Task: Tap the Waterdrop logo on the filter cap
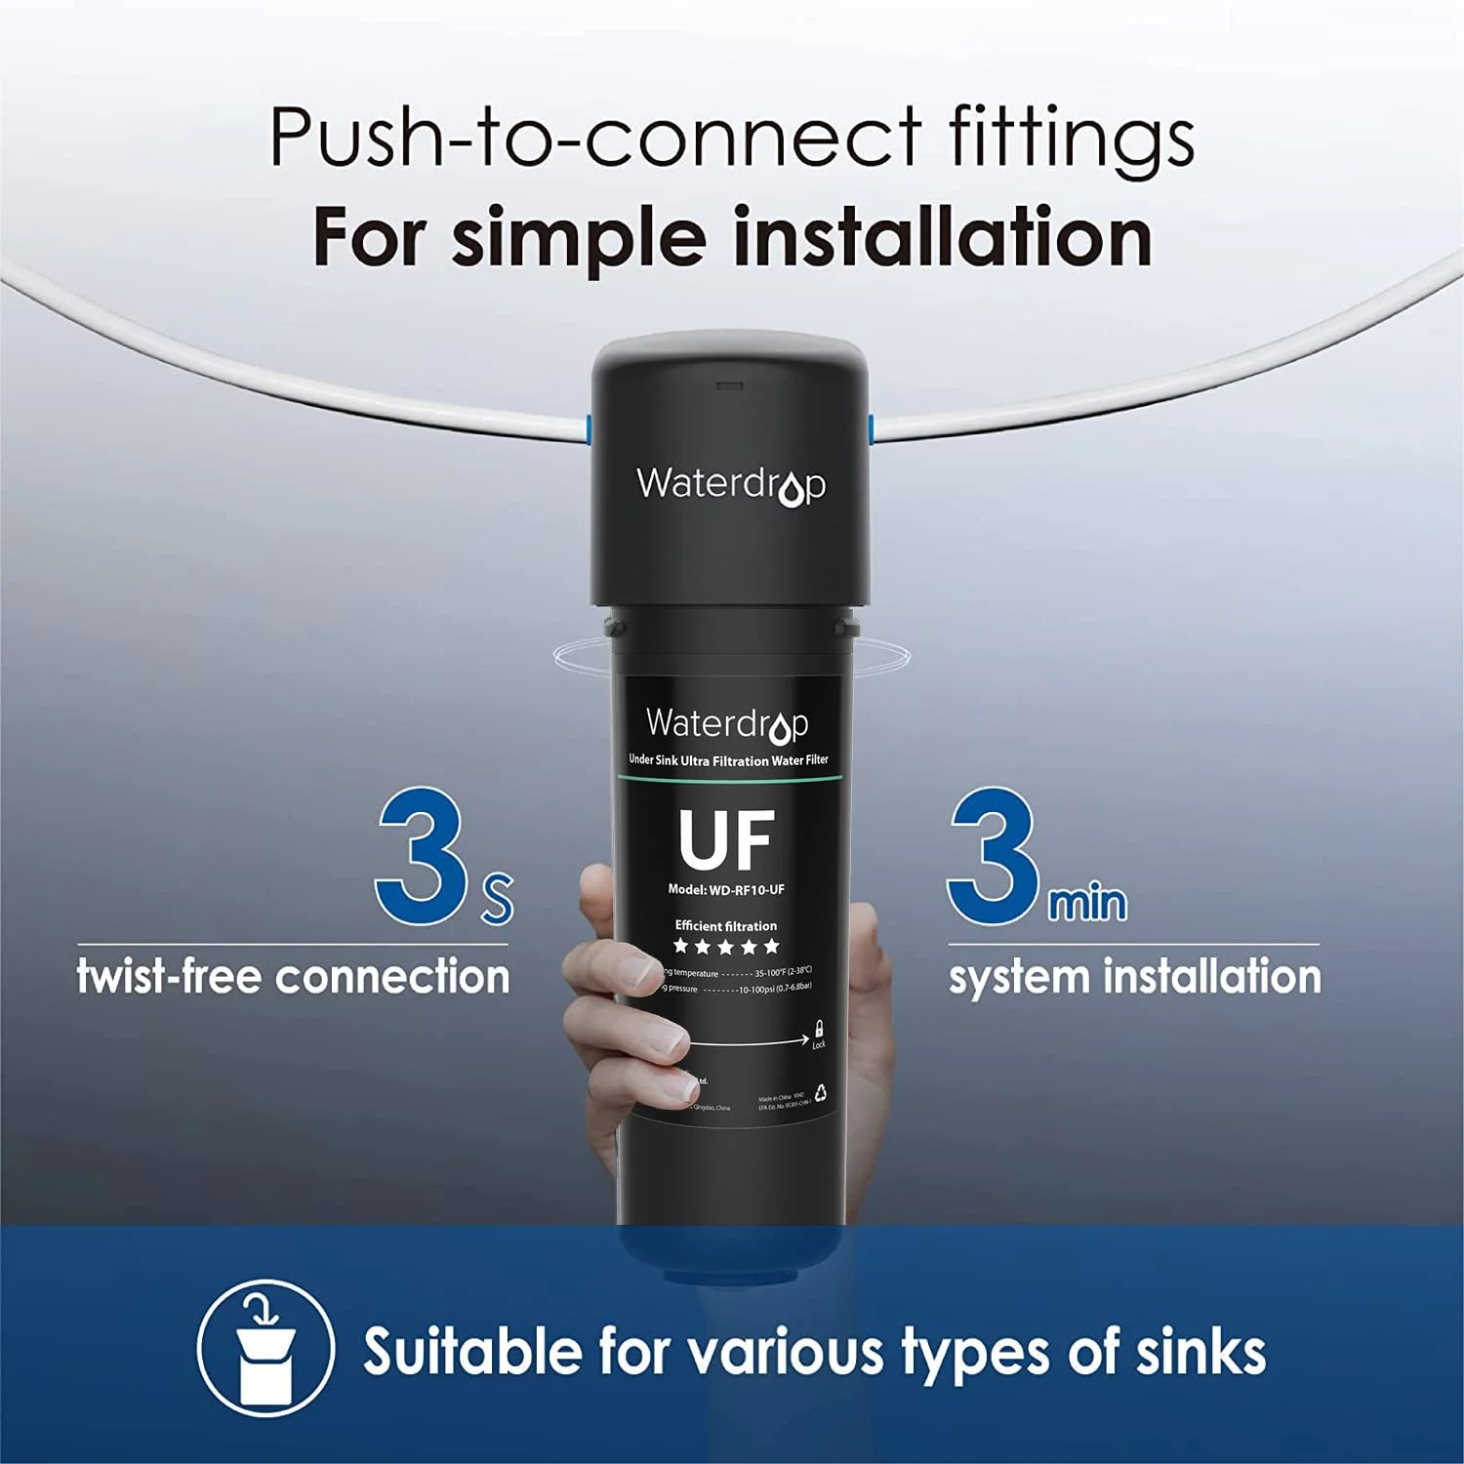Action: [731, 484]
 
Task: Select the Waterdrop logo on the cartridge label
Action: [727, 724]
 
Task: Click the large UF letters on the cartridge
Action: [727, 840]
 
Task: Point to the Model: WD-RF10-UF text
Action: [726, 889]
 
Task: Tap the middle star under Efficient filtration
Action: [726, 946]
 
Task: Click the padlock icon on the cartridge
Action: [819, 1029]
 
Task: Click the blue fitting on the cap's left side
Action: [586, 427]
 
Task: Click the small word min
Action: [1087, 902]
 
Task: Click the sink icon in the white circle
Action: [265, 1349]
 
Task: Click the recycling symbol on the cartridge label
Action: [822, 1093]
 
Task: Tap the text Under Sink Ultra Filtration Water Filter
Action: [728, 760]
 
